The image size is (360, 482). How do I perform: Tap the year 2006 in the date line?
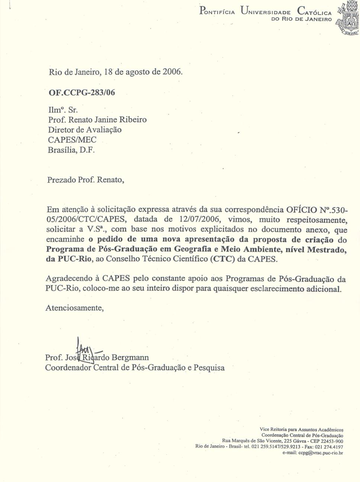[172, 71]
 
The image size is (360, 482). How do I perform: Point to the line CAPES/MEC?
[72, 140]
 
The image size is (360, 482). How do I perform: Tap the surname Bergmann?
[131, 358]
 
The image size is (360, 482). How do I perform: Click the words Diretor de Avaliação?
[85, 130]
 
